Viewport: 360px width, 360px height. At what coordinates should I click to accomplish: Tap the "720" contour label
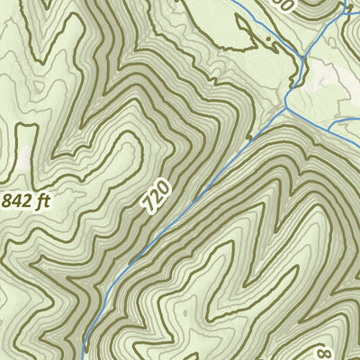(157, 195)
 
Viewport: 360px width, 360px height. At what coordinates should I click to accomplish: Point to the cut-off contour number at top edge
(285, 4)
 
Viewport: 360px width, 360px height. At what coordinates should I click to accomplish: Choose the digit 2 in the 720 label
(157, 195)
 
